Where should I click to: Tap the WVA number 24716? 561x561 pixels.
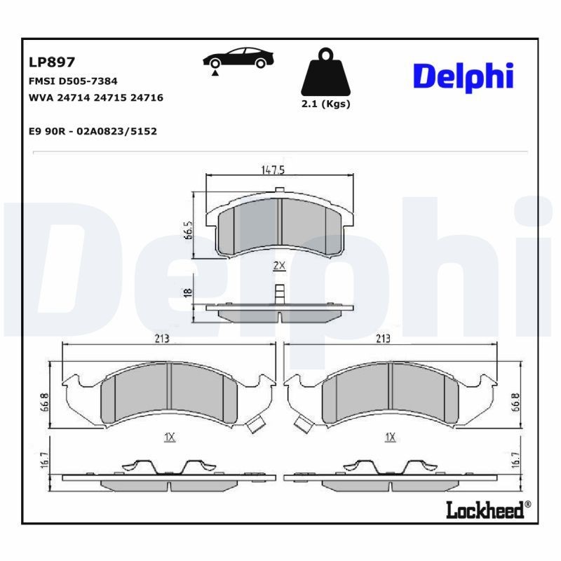point(148,97)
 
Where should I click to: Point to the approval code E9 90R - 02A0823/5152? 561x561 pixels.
point(93,131)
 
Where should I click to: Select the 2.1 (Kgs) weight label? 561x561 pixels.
point(325,104)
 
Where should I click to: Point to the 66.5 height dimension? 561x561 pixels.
point(189,230)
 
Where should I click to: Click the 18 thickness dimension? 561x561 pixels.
point(188,293)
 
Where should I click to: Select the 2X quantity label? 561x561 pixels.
point(278,265)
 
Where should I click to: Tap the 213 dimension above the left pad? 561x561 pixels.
point(162,338)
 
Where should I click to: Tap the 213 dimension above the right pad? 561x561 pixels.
point(382,338)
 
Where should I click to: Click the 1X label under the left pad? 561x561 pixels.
point(169,437)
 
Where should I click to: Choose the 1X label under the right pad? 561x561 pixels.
point(390,437)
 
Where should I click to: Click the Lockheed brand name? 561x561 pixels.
point(485,510)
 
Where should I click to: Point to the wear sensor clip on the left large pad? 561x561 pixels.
point(257,424)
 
